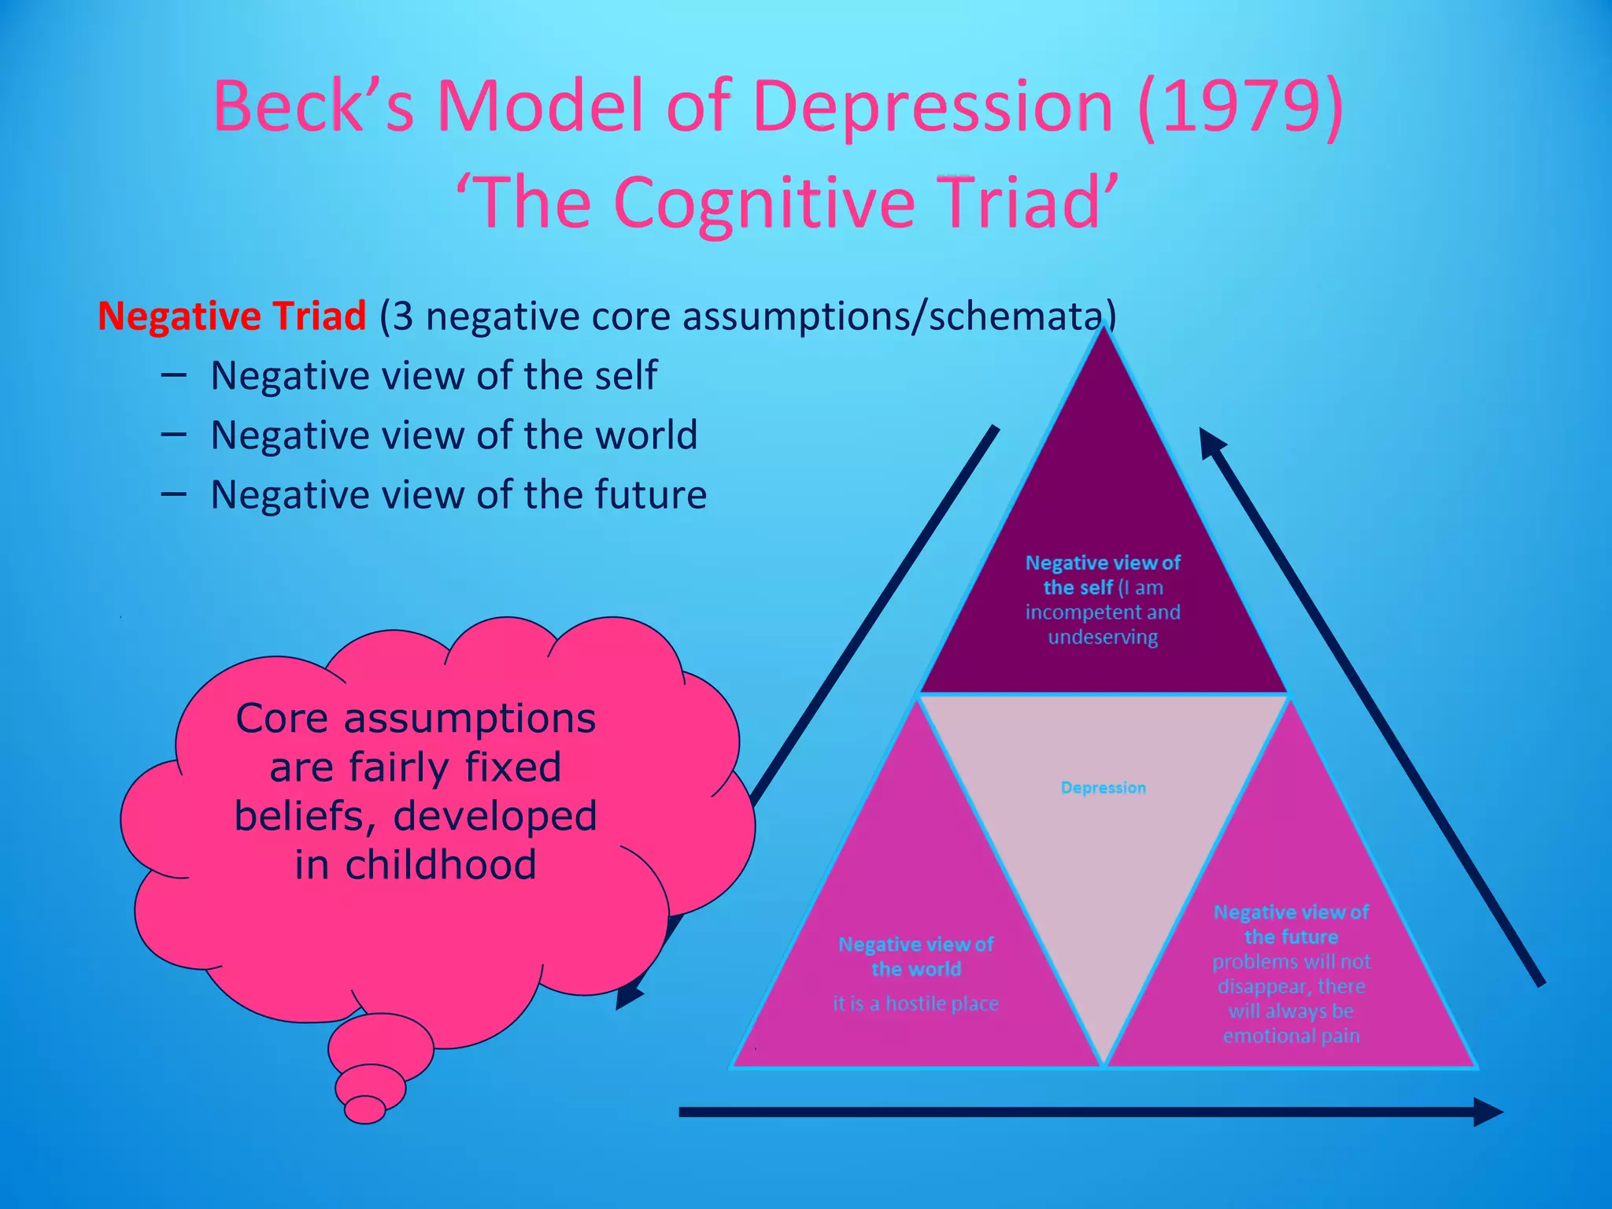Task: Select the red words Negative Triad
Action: point(231,316)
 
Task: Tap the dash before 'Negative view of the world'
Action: point(173,434)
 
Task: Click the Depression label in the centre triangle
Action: point(1103,788)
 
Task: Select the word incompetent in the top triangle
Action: point(1076,612)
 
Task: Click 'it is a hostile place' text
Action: point(915,1004)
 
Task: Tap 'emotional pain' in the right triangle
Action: point(1291,1036)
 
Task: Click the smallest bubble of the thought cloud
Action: point(364,1110)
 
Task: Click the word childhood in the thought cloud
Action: point(441,864)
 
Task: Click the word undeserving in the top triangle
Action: point(1103,637)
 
